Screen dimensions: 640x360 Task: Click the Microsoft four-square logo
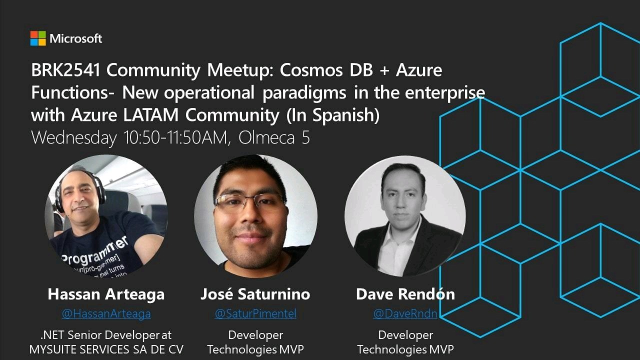(38, 38)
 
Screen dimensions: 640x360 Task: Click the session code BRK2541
(65, 70)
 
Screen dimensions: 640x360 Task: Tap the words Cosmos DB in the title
(326, 70)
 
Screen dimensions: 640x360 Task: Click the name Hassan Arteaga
(106, 294)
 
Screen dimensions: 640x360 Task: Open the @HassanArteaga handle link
(106, 313)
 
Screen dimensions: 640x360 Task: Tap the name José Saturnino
(255, 294)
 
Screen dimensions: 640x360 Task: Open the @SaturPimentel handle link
(255, 313)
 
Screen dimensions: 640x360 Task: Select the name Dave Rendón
(405, 294)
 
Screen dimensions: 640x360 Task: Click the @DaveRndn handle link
(405, 313)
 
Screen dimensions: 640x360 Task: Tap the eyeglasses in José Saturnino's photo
(249, 201)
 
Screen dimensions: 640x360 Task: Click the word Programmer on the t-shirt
(95, 251)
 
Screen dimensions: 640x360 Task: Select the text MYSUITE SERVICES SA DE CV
(106, 349)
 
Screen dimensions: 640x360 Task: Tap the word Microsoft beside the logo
(75, 38)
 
